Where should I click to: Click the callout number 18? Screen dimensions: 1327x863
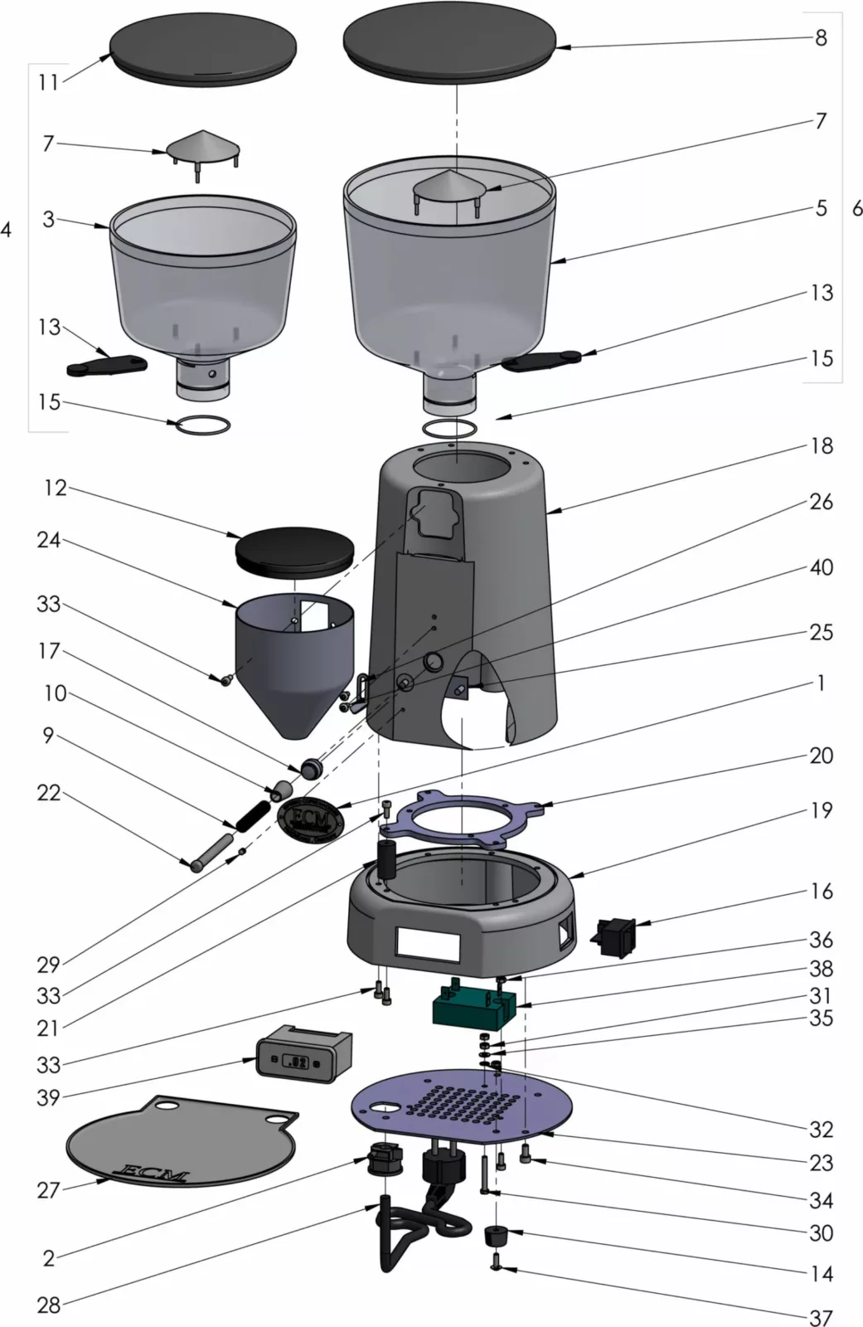[821, 446]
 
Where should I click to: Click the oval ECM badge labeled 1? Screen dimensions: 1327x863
[311, 821]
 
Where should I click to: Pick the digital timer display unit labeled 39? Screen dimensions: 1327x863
[303, 1054]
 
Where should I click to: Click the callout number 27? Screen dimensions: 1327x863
[49, 1190]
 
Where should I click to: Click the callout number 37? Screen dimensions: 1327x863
[821, 1316]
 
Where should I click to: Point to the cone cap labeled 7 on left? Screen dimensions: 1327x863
[203, 149]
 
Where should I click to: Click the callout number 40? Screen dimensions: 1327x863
[821, 568]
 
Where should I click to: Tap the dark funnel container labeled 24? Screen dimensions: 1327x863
[294, 663]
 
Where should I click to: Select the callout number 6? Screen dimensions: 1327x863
[857, 208]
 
